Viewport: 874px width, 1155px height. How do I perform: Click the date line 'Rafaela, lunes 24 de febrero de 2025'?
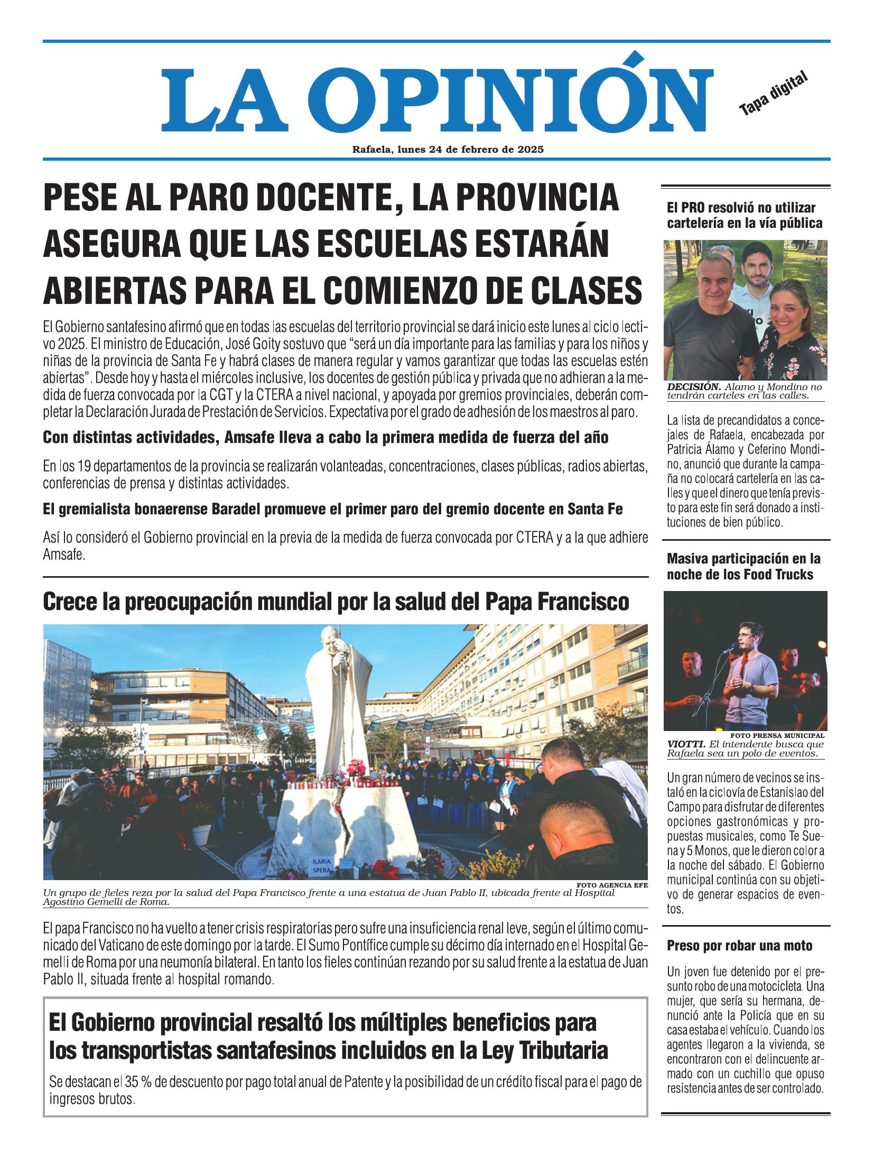(x=448, y=150)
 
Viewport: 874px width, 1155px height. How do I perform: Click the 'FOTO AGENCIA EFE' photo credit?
(x=612, y=884)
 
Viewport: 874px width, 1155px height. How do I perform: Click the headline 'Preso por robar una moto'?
(x=740, y=946)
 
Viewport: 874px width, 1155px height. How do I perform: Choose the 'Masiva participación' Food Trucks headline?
(x=743, y=566)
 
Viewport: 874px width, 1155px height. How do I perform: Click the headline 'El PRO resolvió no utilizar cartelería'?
(x=744, y=215)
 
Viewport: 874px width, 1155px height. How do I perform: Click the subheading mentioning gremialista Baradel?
(x=333, y=510)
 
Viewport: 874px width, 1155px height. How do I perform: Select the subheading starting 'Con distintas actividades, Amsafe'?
(x=326, y=438)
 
